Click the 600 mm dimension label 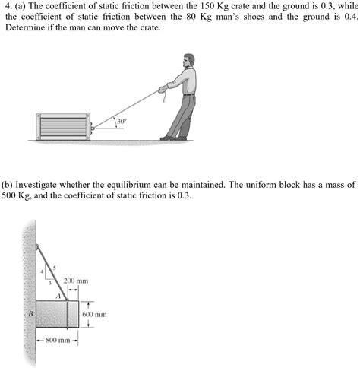[94, 314]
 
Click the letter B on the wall [31, 312]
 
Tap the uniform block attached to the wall [56, 314]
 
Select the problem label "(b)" [9, 184]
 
